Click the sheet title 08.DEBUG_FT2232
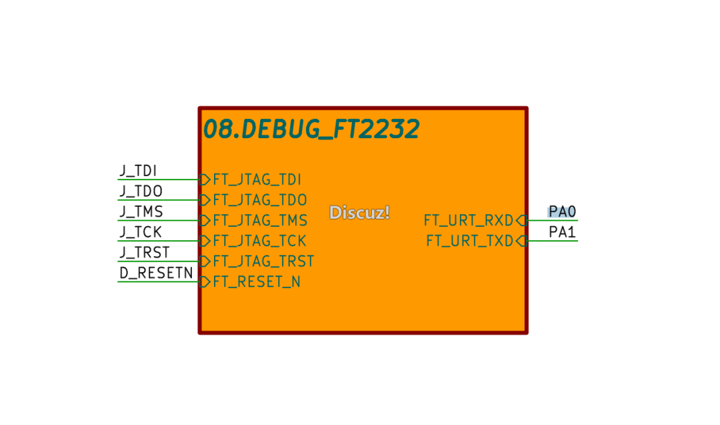pos(311,129)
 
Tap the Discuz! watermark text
pos(359,212)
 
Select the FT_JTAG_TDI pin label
pos(257,179)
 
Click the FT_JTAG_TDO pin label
pos(260,200)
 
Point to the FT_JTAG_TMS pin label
pos(261,221)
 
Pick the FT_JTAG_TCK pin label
pos(259,241)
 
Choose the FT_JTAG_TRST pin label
pos(263,262)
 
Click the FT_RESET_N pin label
pos(257,282)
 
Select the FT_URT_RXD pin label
pos(469,221)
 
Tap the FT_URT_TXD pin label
pos(469,241)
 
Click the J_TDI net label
pos(138,171)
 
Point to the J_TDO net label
pos(141,191)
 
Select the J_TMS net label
pos(141,211)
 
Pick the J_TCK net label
pos(141,232)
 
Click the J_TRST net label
pos(145,253)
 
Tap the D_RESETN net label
pos(156,273)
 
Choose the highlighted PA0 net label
pos(562,211)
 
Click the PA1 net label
pos(562,232)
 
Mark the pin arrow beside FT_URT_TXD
pos(521,241)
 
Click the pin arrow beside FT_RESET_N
pos(205,282)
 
